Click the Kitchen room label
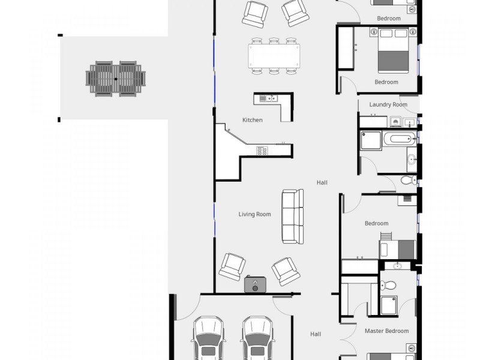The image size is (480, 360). pos(253,120)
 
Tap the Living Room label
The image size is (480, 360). pos(254,214)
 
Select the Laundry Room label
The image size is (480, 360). pos(388,104)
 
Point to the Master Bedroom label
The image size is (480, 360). pos(386,331)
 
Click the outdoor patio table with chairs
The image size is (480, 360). pos(116,79)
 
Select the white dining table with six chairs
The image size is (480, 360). pos(274,56)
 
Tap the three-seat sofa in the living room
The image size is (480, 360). pos(293,216)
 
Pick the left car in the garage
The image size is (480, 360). pos(208,339)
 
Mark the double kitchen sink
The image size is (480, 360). pos(267,98)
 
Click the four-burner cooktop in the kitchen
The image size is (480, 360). pos(262,151)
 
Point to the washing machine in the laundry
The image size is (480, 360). pos(396,122)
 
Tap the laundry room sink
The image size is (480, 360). pos(410,122)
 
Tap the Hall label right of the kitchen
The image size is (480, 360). pos(322,182)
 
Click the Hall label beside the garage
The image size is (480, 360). pos(316,334)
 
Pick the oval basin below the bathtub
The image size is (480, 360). pos(412,160)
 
